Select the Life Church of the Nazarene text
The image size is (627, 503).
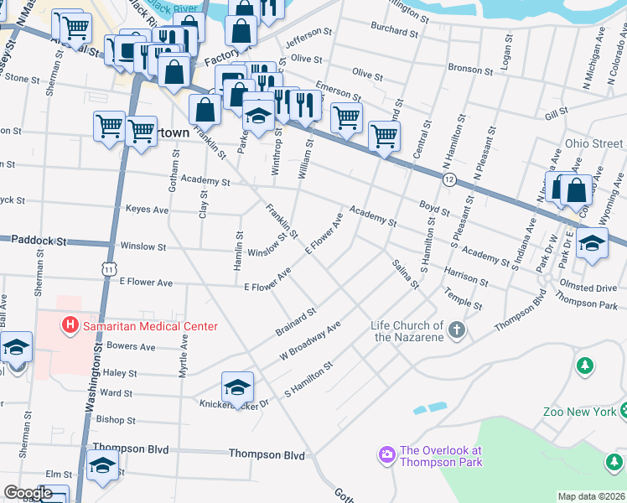pos(409,331)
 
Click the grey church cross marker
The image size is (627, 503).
pos(456,329)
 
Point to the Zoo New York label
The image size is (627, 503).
pos(579,411)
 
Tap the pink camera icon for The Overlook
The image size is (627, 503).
pos(386,454)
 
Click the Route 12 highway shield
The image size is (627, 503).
pos(450,180)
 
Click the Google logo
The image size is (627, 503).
pos(28,493)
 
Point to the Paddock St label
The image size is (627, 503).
pos(39,241)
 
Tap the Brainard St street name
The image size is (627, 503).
pos(295,322)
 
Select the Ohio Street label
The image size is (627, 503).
pos(593,143)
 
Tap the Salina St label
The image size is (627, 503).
pos(405,274)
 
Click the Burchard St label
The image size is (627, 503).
pos(394,32)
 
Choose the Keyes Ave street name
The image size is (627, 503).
pos(147,209)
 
